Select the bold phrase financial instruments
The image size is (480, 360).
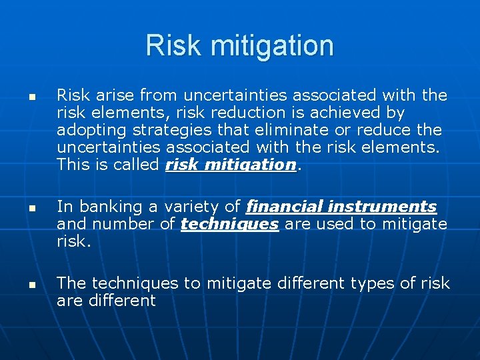[x=341, y=207]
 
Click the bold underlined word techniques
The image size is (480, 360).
[x=229, y=225]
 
